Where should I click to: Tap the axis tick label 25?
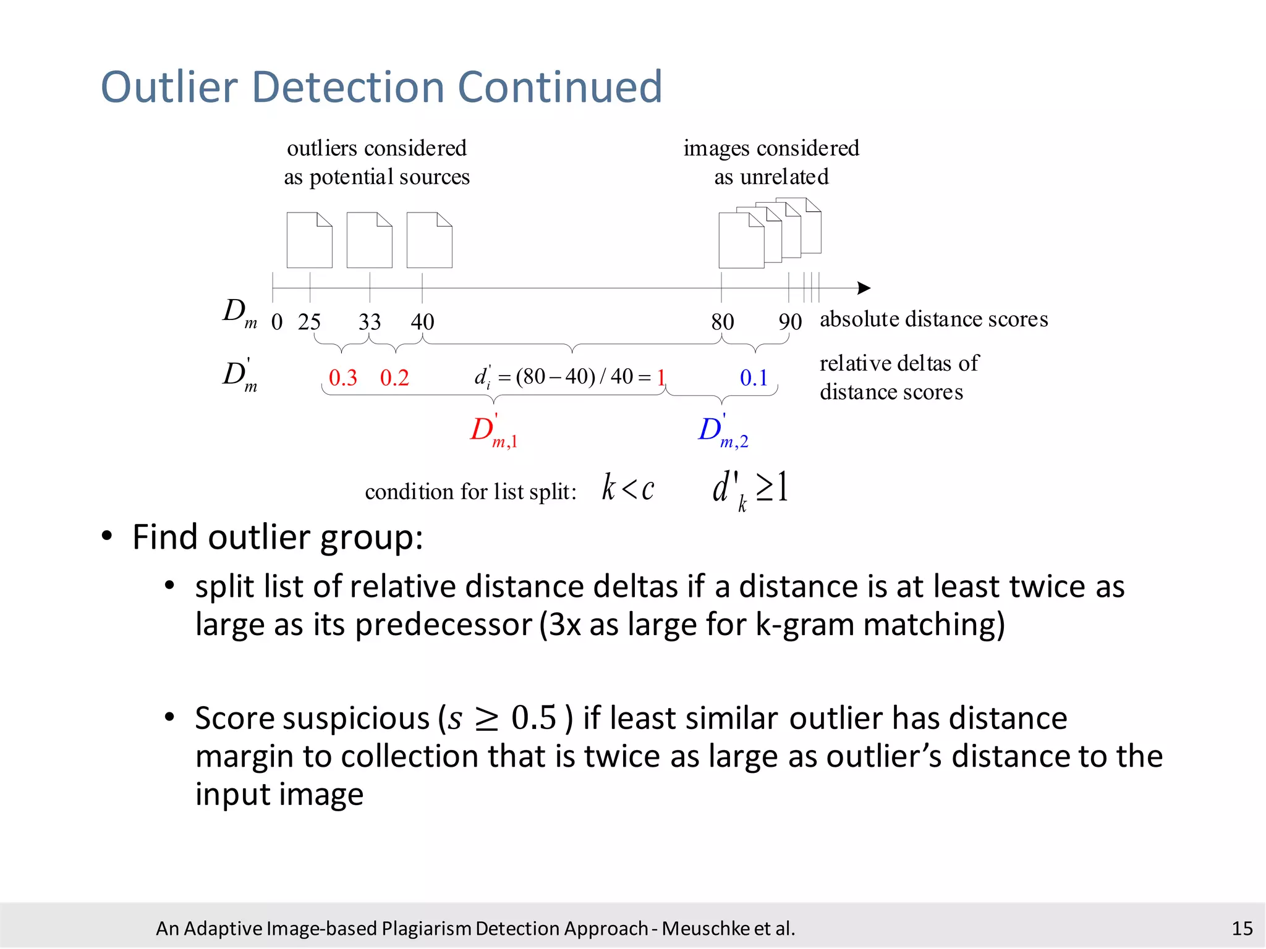coord(309,322)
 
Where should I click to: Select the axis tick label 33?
coord(370,322)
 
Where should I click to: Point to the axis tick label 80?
coord(722,322)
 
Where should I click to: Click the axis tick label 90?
coord(789,322)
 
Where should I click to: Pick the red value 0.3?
coord(343,377)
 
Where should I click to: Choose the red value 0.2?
coord(394,377)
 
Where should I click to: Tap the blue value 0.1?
coord(754,377)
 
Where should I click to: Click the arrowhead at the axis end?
coord(864,288)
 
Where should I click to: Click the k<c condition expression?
coord(627,489)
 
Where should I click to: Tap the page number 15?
coord(1242,929)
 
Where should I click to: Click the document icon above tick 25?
coord(310,240)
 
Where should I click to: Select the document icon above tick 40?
coord(430,240)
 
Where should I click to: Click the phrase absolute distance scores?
coord(933,319)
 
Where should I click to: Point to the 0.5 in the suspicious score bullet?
coord(534,719)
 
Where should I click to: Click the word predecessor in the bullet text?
coord(443,625)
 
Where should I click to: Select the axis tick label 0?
coord(277,322)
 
